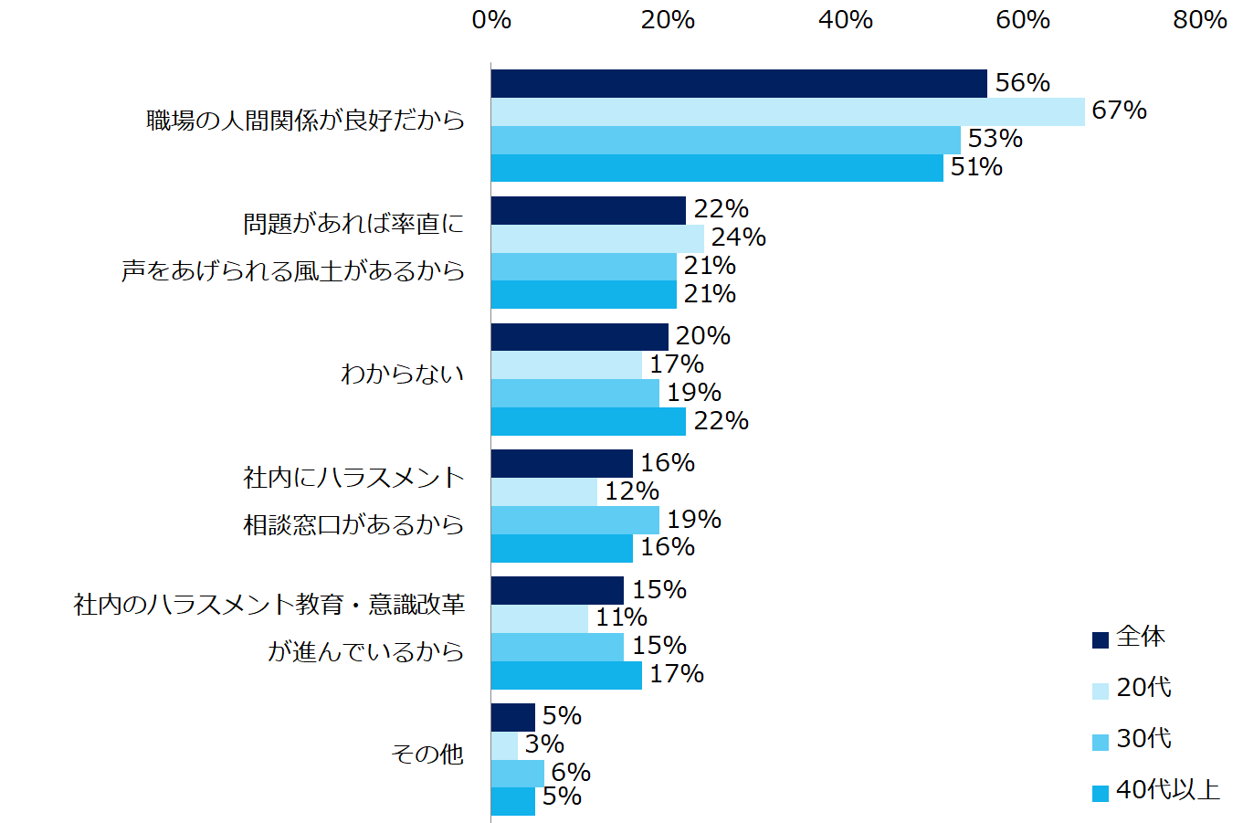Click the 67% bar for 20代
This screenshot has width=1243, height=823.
click(787, 111)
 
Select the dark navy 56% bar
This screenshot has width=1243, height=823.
click(739, 83)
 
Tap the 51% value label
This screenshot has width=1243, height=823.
click(976, 167)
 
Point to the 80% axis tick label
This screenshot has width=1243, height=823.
click(1200, 20)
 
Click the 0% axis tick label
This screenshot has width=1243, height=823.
click(491, 20)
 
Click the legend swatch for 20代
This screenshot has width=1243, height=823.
click(1101, 691)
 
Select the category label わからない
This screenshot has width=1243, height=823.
click(402, 375)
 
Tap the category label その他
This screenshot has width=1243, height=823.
click(427, 754)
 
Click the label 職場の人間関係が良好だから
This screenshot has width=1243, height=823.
click(306, 121)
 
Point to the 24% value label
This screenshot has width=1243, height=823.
click(738, 237)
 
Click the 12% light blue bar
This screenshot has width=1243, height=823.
click(544, 491)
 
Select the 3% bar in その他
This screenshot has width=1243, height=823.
click(504, 745)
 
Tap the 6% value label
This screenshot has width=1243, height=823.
click(570, 773)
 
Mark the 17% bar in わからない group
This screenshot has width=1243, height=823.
click(566, 365)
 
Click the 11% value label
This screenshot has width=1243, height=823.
click(621, 618)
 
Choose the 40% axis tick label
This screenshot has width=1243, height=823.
click(846, 20)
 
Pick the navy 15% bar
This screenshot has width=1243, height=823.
click(557, 590)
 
